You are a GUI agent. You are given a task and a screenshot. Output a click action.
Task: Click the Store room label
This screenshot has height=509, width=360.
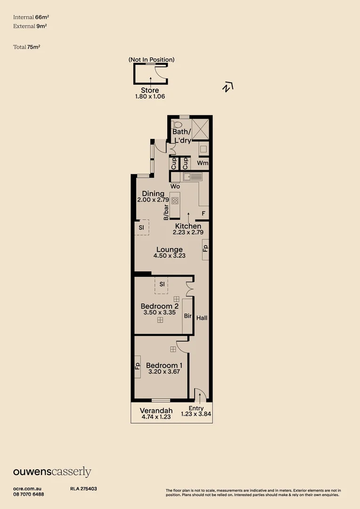(x=150, y=90)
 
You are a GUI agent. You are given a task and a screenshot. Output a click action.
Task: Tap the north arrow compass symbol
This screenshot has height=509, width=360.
(x=228, y=87)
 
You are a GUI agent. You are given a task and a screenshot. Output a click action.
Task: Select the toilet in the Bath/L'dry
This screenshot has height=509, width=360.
(x=177, y=126)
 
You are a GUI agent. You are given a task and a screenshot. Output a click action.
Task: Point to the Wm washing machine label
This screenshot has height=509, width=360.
(x=203, y=163)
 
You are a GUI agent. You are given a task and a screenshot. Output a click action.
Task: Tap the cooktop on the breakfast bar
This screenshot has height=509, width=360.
(x=175, y=200)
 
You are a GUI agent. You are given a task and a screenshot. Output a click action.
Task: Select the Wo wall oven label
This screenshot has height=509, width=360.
(x=175, y=186)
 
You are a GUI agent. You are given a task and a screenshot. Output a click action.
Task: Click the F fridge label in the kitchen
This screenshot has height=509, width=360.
(x=203, y=213)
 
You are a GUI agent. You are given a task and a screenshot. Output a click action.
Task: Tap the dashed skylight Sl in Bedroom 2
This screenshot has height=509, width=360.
(x=162, y=285)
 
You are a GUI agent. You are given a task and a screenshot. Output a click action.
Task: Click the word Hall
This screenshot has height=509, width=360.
(x=202, y=318)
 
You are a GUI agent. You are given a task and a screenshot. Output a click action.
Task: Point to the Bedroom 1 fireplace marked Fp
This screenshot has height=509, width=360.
(x=138, y=366)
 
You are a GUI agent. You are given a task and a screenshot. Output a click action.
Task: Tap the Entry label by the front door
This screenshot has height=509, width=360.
(x=196, y=408)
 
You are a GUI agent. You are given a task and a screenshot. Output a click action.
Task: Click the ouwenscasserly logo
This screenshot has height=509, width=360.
(x=52, y=472)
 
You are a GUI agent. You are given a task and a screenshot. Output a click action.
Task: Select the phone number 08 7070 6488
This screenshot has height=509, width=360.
(x=29, y=494)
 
